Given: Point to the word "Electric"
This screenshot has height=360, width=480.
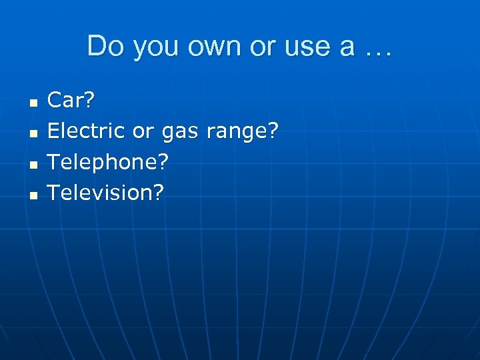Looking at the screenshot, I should tap(86, 131).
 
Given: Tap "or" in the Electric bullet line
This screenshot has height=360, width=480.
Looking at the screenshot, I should tap(143, 132).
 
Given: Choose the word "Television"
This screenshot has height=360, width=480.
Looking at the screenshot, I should tap(101, 193).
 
